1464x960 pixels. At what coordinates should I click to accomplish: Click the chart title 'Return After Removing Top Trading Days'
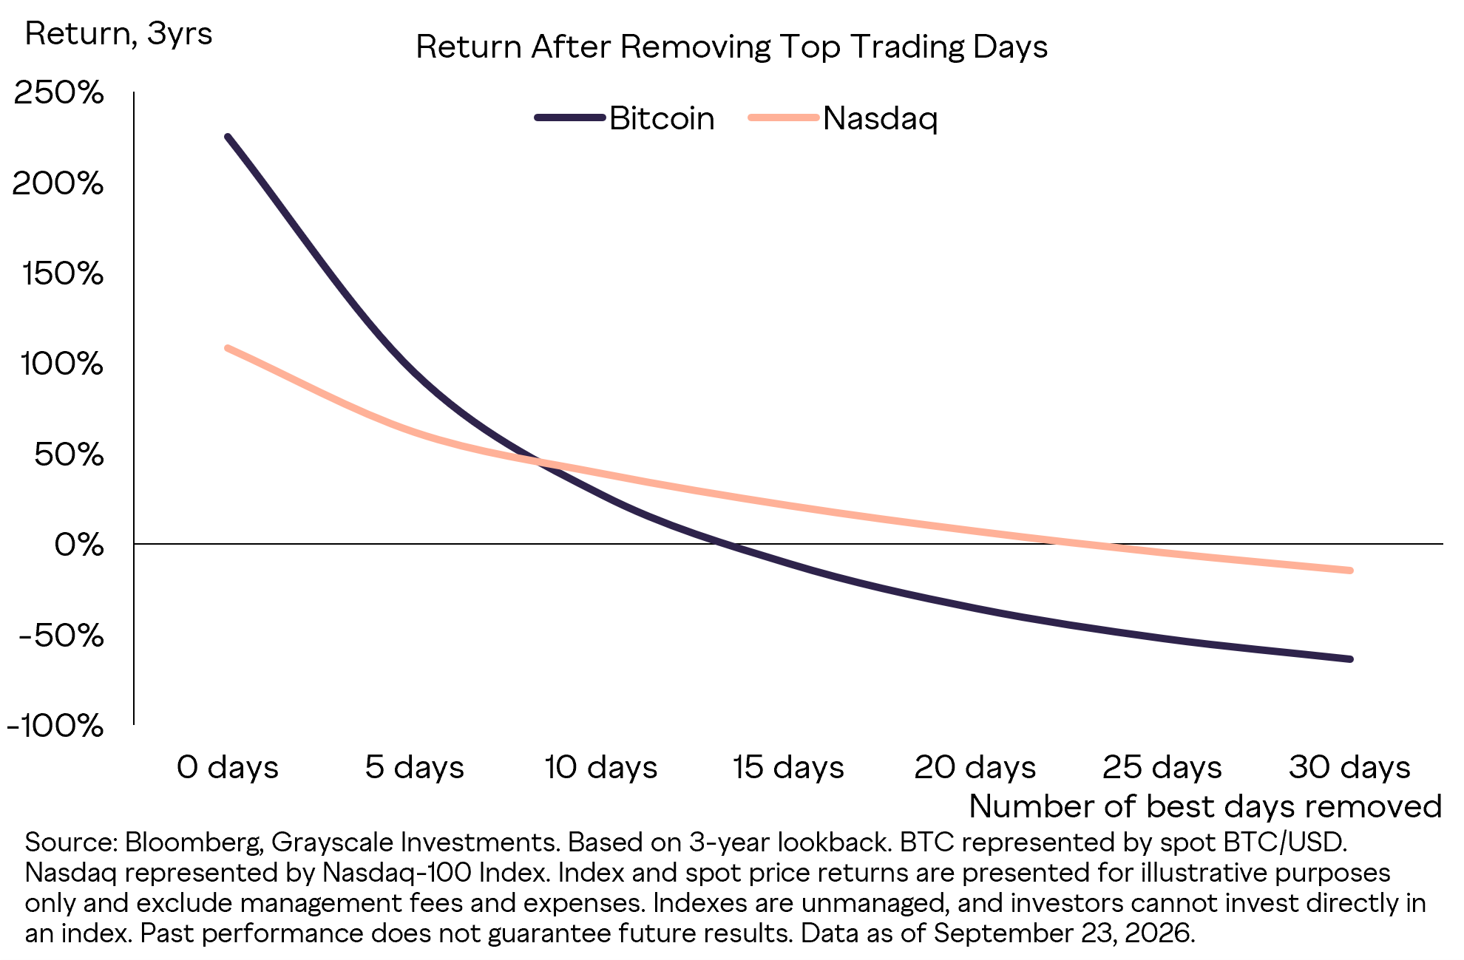coord(731,47)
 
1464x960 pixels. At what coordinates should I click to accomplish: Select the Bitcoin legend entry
coord(625,118)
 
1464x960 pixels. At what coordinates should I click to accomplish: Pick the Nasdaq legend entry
coord(843,118)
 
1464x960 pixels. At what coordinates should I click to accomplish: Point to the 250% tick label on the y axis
coord(58,93)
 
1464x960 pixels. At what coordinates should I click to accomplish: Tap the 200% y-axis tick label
coord(58,183)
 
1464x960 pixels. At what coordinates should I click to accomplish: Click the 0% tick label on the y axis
coord(78,545)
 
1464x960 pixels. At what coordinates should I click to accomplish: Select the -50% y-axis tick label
coord(61,635)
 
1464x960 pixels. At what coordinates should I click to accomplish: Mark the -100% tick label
coord(55,726)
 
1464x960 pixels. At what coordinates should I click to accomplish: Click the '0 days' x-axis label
coord(228,767)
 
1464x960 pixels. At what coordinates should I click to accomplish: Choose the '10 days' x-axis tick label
coord(601,767)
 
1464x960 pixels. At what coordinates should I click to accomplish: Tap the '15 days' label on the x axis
coord(788,767)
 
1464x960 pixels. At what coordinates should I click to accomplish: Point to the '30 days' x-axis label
coord(1350,767)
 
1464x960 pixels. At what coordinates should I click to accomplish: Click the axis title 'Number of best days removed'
coord(1205,806)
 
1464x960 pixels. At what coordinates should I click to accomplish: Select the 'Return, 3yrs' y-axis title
coord(118,34)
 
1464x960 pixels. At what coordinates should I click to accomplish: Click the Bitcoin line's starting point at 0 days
coord(228,137)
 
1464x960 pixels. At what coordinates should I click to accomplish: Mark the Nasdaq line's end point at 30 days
coord(1350,571)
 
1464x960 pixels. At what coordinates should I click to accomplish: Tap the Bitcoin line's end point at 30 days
coord(1350,658)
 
